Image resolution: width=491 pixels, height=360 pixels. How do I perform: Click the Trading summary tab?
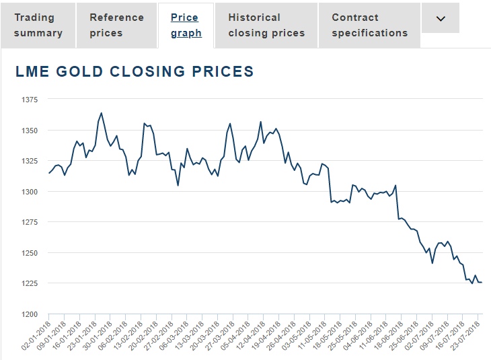(x=38, y=25)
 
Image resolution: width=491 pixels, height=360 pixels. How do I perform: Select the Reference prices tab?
(x=117, y=25)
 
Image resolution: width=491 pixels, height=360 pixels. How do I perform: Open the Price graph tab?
(x=186, y=25)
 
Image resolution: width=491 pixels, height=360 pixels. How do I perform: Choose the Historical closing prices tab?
(x=266, y=25)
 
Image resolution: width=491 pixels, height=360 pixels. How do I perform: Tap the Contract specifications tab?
(x=369, y=25)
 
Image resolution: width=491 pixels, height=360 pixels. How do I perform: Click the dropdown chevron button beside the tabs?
(x=441, y=19)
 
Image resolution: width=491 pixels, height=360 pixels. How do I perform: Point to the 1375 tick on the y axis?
(x=31, y=100)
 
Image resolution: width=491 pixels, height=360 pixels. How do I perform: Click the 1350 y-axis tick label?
(x=31, y=131)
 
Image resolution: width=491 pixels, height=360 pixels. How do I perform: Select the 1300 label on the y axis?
(x=31, y=192)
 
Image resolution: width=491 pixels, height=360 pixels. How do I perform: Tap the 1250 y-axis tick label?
(x=31, y=253)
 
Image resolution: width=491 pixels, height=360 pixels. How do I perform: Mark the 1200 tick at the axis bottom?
(x=31, y=314)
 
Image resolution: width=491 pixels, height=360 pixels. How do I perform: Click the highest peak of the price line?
(x=101, y=113)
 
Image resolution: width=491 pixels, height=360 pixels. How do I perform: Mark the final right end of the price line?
(x=482, y=282)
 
